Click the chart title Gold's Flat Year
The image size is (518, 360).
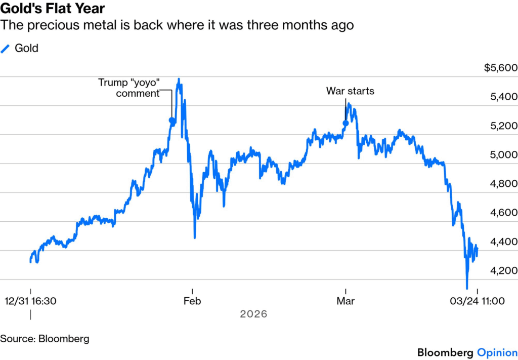click(53, 9)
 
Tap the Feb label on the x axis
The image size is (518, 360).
click(192, 301)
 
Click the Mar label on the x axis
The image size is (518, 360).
click(346, 301)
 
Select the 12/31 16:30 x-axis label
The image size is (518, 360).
click(31, 301)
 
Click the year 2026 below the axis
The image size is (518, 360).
click(253, 314)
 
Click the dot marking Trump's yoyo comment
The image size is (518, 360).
click(171, 121)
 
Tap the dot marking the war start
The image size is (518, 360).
click(346, 123)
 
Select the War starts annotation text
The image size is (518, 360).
click(350, 91)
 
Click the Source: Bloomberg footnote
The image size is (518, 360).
click(45, 339)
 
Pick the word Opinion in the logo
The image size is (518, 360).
click(497, 352)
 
